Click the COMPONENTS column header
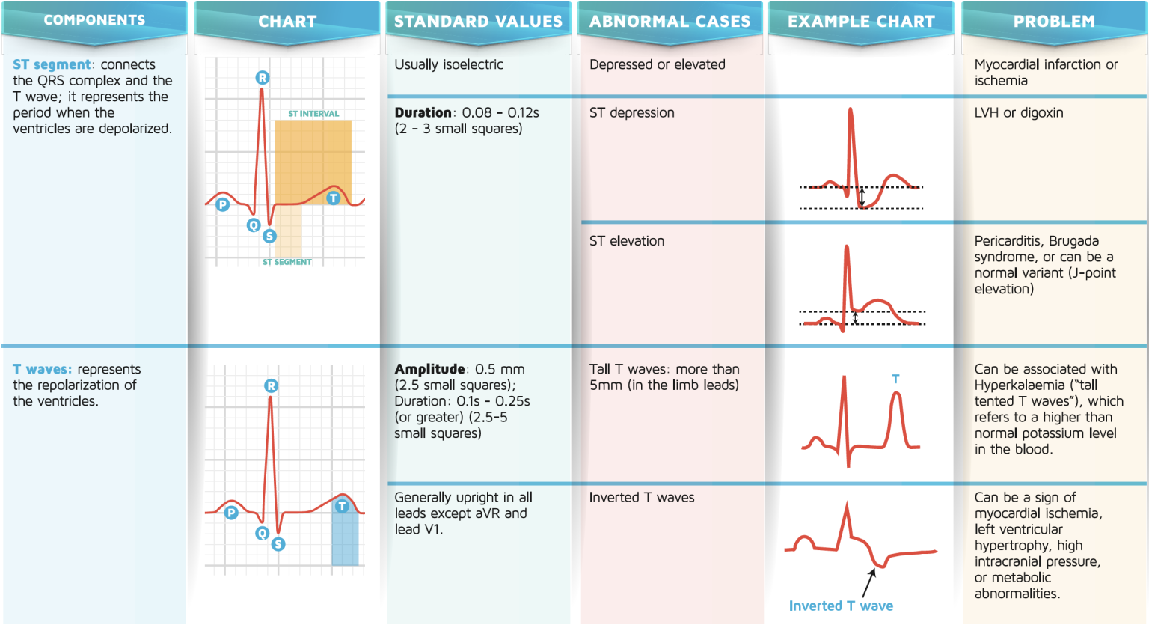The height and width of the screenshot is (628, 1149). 94,20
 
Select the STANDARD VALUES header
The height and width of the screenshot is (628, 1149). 478,22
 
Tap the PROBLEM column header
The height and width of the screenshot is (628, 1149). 1054,22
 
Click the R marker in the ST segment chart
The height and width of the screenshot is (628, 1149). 262,78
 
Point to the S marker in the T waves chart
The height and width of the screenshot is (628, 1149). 278,544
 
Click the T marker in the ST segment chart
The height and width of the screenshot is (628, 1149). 334,198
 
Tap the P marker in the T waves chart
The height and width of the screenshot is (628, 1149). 231,513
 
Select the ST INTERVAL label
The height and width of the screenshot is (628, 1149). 313,114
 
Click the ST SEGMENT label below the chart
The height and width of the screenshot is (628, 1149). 287,262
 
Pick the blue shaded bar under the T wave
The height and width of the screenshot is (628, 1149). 345,537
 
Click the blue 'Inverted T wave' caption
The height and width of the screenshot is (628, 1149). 841,606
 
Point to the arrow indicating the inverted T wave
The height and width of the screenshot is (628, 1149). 869,582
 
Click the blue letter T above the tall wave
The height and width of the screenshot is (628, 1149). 895,379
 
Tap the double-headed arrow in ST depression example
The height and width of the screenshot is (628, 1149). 862,198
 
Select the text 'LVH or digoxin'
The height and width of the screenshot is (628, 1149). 1018,113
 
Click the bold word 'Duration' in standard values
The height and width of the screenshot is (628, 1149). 423,113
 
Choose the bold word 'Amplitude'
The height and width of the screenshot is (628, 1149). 430,369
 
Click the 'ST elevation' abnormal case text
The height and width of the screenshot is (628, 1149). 627,241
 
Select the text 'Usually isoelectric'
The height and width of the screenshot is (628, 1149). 449,65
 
